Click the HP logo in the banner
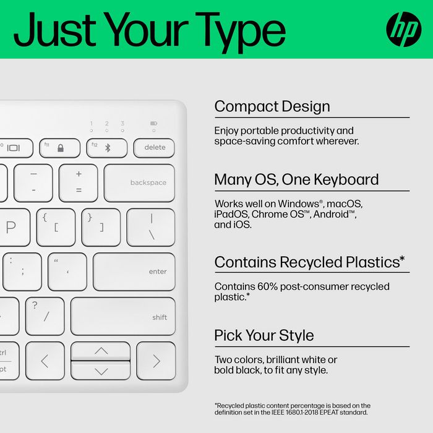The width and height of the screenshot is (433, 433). [x=403, y=28]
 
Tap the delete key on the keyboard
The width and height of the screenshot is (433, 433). [x=155, y=148]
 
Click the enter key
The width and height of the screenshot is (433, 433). [x=134, y=272]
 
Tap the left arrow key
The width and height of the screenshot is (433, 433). [x=45, y=361]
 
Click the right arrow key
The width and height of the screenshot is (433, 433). [x=156, y=361]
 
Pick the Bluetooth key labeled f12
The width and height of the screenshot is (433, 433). [x=106, y=148]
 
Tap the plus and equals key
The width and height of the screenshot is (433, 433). [x=79, y=182]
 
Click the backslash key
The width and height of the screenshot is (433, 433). [x=151, y=227]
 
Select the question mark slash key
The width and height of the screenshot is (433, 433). [x=45, y=316]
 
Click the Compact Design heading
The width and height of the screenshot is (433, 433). [x=272, y=106]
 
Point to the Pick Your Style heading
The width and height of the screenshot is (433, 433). [x=264, y=336]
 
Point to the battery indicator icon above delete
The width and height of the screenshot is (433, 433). [x=153, y=124]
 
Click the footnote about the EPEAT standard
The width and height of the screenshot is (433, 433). [x=293, y=409]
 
